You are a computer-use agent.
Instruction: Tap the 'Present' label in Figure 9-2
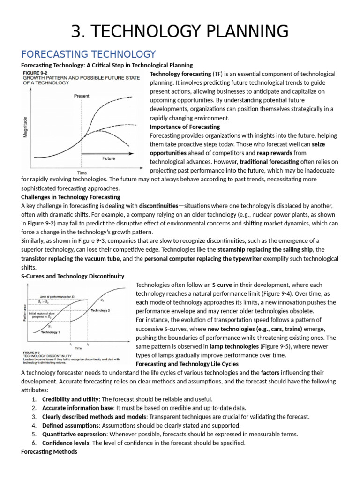click(81, 96)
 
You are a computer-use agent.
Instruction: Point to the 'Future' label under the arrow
click(108, 158)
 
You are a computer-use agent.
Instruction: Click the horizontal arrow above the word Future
click(108, 153)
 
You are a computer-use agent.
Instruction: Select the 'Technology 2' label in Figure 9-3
click(100, 310)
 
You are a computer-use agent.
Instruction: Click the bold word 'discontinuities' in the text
click(158, 206)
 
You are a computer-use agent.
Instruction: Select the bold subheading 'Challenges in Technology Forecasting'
click(71, 197)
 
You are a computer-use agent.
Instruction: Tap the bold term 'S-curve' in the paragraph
click(223, 285)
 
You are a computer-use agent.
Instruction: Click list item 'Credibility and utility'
click(70, 399)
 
